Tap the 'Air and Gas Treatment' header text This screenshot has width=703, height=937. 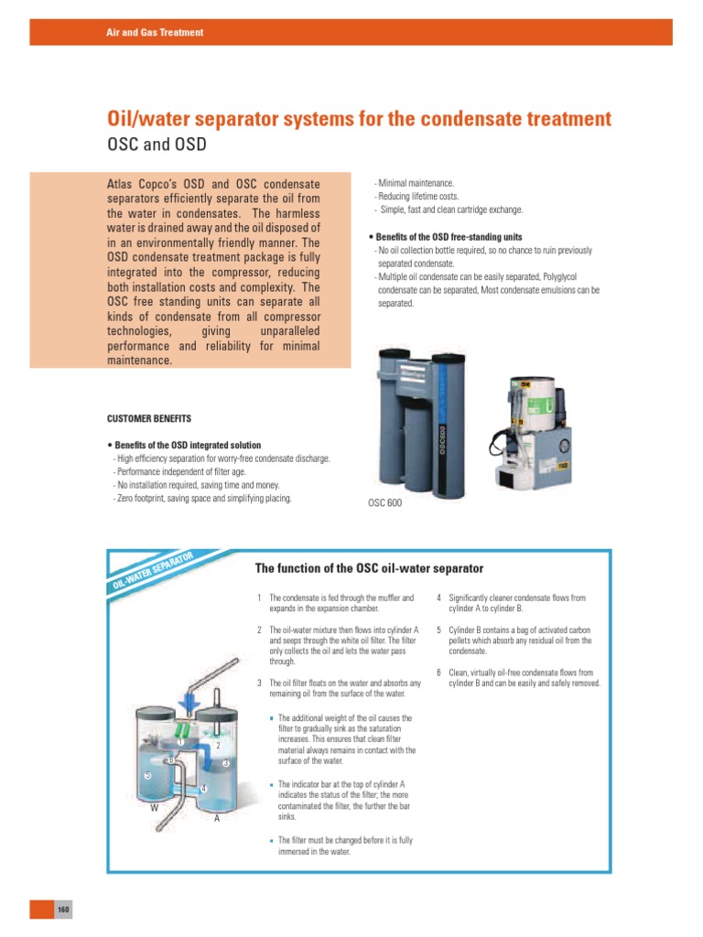click(155, 33)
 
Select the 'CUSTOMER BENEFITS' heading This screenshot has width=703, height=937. click(150, 418)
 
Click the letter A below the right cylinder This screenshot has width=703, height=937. click(217, 819)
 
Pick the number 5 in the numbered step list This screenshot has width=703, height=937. click(439, 630)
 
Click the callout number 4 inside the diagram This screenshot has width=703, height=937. click(202, 789)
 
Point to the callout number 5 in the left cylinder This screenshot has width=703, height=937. click(147, 776)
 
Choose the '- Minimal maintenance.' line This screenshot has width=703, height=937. click(414, 184)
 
